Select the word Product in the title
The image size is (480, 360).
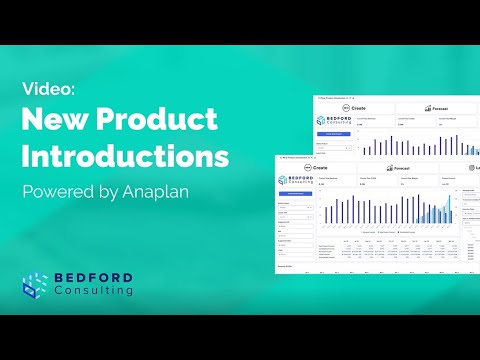coord(161,121)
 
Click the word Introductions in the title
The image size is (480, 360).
coord(125,157)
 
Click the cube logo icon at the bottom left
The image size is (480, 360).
coord(36,283)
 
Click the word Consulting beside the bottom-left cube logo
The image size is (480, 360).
coord(96,291)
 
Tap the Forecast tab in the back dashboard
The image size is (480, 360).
coord(441,106)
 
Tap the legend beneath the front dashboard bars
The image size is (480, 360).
coord(375,231)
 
